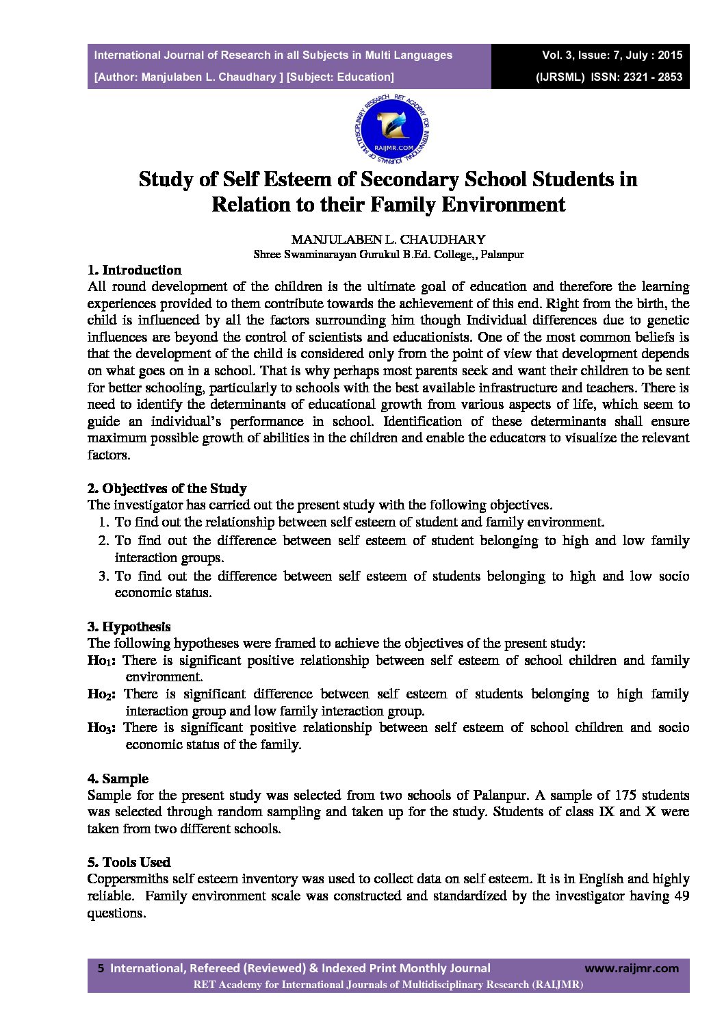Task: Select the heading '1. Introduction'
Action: [135, 270]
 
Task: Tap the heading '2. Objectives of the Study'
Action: [167, 488]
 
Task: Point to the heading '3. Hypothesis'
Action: [129, 627]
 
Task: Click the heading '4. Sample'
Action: [118, 779]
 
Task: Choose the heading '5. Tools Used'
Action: [129, 862]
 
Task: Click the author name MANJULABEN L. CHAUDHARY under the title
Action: [388, 240]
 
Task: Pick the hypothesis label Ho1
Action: [101, 661]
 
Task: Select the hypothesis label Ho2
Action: [101, 694]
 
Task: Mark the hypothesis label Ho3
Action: [101, 728]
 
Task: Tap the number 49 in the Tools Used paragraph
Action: [682, 896]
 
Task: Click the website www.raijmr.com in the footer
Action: [632, 967]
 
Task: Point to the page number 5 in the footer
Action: [101, 968]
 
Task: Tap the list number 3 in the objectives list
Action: [103, 576]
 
